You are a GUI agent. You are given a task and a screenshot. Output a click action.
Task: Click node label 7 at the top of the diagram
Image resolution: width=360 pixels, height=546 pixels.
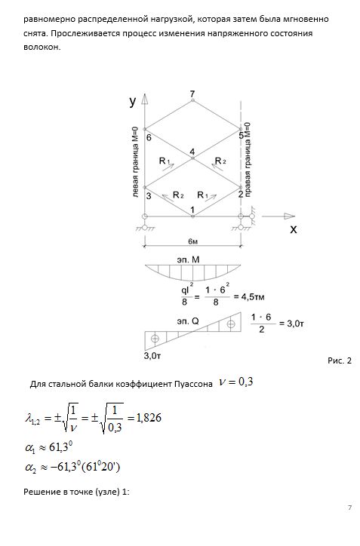192,94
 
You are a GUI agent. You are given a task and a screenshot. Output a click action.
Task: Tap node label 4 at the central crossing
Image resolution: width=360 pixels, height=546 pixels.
192,152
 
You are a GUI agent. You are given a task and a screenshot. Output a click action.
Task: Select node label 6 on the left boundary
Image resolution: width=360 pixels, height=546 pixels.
149,138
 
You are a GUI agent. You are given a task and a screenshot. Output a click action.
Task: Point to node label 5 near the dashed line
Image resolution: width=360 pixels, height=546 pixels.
242,136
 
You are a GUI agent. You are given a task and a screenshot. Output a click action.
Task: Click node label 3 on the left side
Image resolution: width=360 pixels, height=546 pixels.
149,196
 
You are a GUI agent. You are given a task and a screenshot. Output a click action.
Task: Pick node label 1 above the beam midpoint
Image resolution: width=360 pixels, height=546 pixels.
192,210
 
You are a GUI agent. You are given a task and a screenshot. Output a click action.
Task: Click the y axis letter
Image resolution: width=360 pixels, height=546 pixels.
132,101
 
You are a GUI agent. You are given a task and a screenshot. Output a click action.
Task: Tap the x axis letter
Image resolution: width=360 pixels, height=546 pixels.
294,229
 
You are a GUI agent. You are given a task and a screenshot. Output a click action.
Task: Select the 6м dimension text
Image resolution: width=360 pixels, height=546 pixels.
192,241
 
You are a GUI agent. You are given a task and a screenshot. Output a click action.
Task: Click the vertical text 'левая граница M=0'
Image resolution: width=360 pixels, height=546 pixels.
136,162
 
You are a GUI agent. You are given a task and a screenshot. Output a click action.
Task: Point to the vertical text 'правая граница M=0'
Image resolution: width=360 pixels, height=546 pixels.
248,159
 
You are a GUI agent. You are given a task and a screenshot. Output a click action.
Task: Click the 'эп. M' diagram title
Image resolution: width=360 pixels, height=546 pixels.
188,259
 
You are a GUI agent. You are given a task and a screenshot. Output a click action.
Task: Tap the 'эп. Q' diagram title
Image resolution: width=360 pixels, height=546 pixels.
188,321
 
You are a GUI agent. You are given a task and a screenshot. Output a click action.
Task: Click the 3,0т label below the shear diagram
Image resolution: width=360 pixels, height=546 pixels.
152,356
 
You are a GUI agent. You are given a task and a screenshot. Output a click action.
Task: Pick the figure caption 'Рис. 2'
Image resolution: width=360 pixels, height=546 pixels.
340,360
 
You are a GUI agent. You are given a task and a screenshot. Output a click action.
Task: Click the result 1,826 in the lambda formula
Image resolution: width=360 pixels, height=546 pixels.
149,418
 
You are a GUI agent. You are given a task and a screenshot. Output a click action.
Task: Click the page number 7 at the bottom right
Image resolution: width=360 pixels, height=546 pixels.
349,508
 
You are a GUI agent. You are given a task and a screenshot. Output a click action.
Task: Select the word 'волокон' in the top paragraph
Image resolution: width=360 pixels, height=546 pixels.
42,48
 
